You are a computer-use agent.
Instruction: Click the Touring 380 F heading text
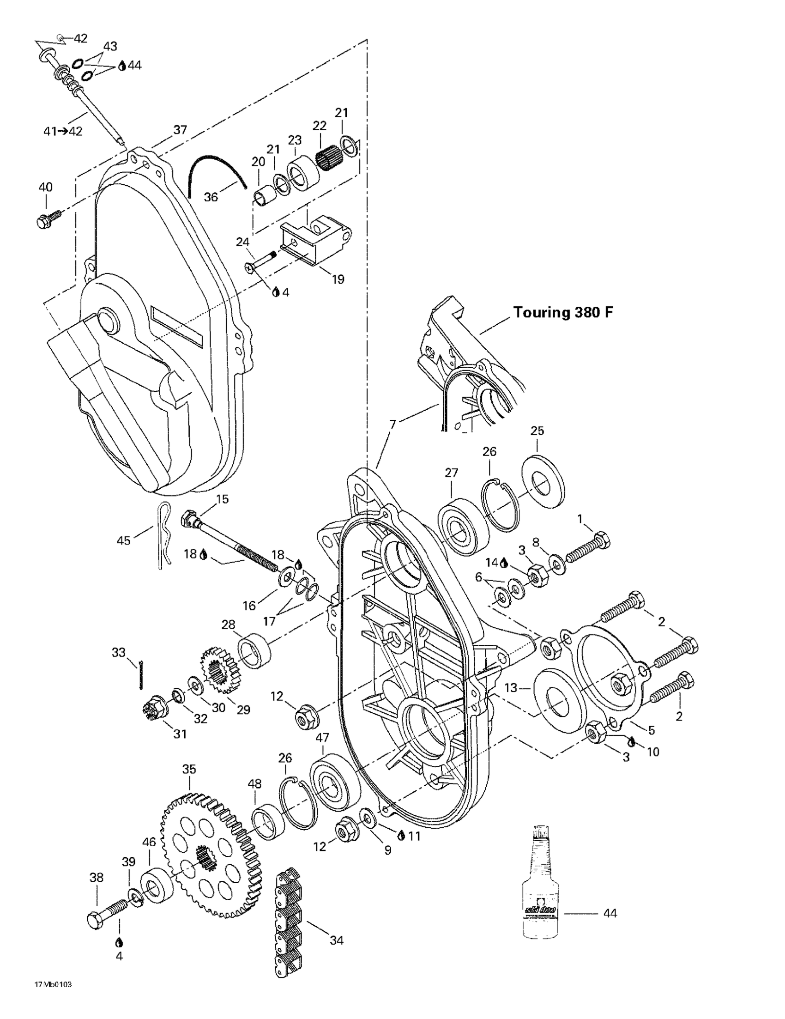(563, 312)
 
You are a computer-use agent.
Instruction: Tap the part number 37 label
(180, 130)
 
